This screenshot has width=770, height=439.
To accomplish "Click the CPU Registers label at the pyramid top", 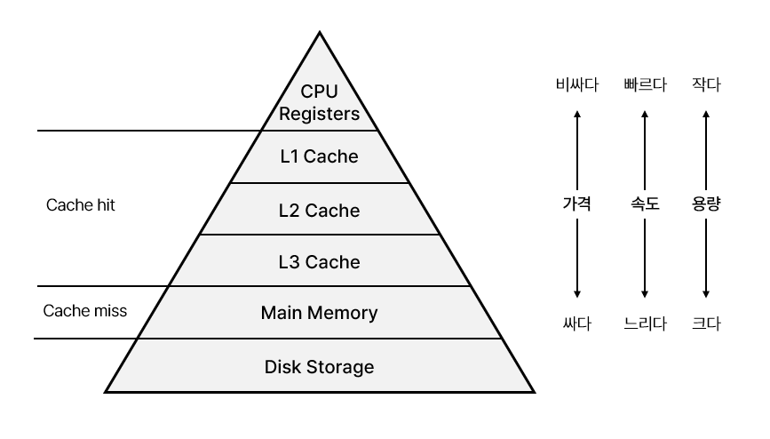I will (x=319, y=102).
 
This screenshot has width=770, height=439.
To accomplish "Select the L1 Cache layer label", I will (x=319, y=157).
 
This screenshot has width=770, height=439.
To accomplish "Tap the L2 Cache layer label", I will (x=319, y=211).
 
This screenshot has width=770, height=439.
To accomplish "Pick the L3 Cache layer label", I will (x=319, y=262).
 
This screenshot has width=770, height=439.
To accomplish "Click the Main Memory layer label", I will (x=319, y=313).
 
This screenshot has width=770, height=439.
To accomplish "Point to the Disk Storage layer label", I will (x=319, y=366).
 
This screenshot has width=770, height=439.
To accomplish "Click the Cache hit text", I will (x=81, y=205).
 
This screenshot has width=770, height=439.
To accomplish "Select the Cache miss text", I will (x=85, y=311).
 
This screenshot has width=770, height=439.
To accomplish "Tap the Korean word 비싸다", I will (x=577, y=86).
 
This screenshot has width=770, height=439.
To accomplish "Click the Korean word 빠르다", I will (x=645, y=86).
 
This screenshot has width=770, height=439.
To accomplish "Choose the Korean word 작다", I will (x=705, y=86).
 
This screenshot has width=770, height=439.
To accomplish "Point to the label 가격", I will (x=577, y=204).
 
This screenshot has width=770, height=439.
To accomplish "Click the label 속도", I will (x=645, y=204).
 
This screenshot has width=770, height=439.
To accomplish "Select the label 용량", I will (x=705, y=204).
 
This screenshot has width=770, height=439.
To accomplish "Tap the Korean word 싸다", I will (x=577, y=323).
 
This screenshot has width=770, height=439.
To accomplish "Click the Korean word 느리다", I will (x=645, y=323).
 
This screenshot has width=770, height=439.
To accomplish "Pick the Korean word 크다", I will (x=705, y=323).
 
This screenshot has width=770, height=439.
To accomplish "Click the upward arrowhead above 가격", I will (x=577, y=113).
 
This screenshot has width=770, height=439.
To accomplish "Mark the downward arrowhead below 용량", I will (x=705, y=295).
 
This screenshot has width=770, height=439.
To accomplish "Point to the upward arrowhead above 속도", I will (x=645, y=113).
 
